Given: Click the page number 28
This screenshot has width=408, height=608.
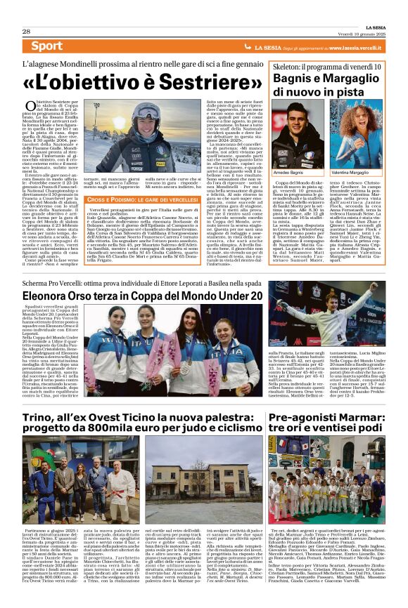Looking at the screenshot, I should [26, 32].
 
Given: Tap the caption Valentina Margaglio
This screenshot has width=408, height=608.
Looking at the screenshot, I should [350, 171].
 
